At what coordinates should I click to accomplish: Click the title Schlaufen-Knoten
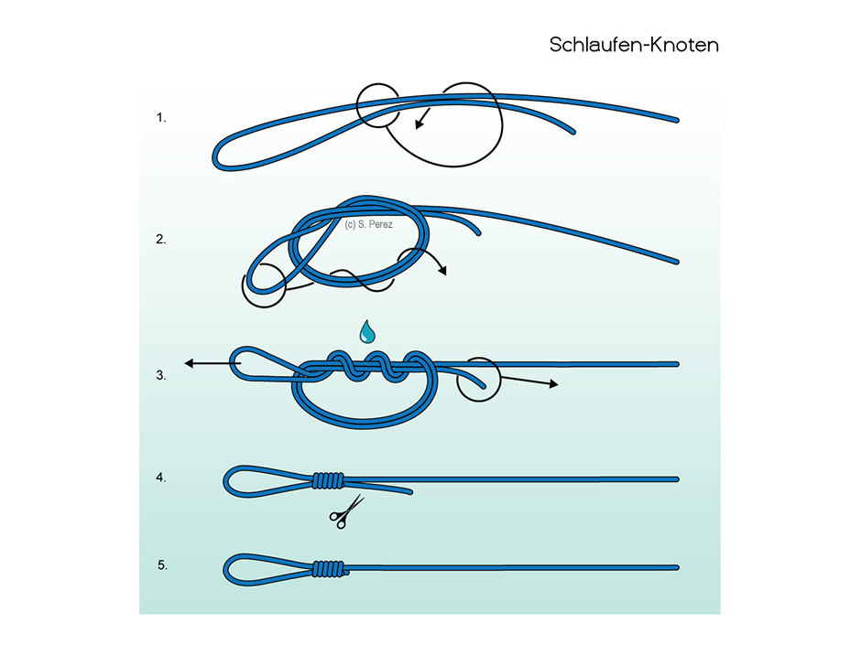[634, 45]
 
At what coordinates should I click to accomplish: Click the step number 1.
[161, 117]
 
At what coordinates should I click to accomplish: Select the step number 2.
[161, 239]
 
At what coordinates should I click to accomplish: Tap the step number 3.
[161, 375]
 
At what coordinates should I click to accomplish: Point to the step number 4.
[161, 478]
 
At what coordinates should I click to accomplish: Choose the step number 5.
[162, 564]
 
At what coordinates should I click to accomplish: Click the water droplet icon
[367, 332]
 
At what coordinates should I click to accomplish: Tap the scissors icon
[346, 511]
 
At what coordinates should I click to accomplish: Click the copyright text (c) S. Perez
[368, 224]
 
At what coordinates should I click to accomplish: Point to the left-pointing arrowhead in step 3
[190, 363]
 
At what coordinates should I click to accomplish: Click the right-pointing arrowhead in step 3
[553, 384]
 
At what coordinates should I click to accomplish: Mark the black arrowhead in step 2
[442, 270]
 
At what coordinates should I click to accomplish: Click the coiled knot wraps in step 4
[328, 481]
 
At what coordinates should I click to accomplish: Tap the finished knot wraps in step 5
[329, 569]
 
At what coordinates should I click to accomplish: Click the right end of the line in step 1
[677, 120]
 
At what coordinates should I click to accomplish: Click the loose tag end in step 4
[409, 492]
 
